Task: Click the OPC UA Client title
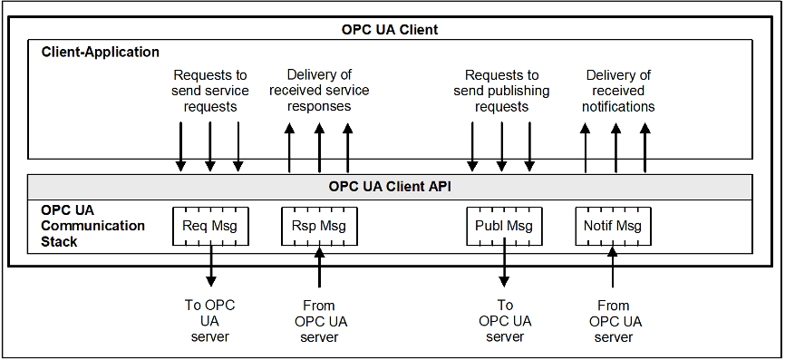tap(390, 30)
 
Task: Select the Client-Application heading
tap(101, 53)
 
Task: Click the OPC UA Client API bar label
tap(390, 188)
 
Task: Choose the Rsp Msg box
tap(318, 226)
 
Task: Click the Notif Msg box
tap(613, 226)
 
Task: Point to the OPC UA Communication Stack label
tap(92, 226)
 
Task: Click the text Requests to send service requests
tap(208, 91)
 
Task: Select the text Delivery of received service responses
tap(319, 91)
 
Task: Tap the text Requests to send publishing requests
tap(501, 91)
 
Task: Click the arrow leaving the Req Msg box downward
tap(210, 267)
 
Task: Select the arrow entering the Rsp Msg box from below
tap(318, 267)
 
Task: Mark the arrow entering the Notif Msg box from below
tap(614, 267)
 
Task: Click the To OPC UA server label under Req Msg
tap(210, 321)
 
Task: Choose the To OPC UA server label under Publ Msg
tap(505, 321)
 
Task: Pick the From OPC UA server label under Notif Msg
tap(615, 321)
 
